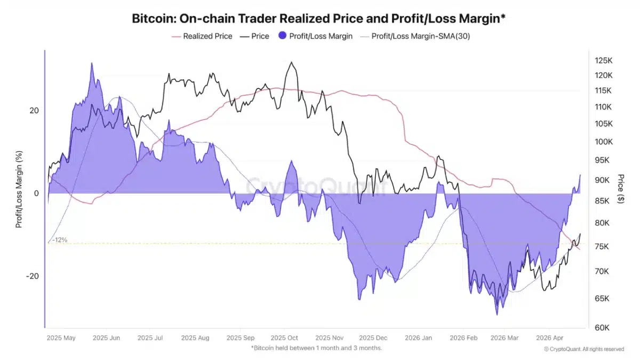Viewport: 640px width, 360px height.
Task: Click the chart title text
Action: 318,18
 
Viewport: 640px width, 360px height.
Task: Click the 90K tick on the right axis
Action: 604,180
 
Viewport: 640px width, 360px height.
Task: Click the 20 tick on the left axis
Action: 34,110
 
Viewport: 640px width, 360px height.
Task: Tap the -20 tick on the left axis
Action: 33,276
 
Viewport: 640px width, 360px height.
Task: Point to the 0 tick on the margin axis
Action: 36,193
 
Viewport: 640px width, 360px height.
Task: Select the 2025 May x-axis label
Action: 62,338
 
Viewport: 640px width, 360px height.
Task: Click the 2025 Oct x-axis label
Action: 284,338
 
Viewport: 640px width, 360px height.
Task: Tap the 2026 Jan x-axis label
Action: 418,338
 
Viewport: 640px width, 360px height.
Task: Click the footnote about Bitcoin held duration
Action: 316,348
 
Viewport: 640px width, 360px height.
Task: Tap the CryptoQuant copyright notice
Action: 583,349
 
